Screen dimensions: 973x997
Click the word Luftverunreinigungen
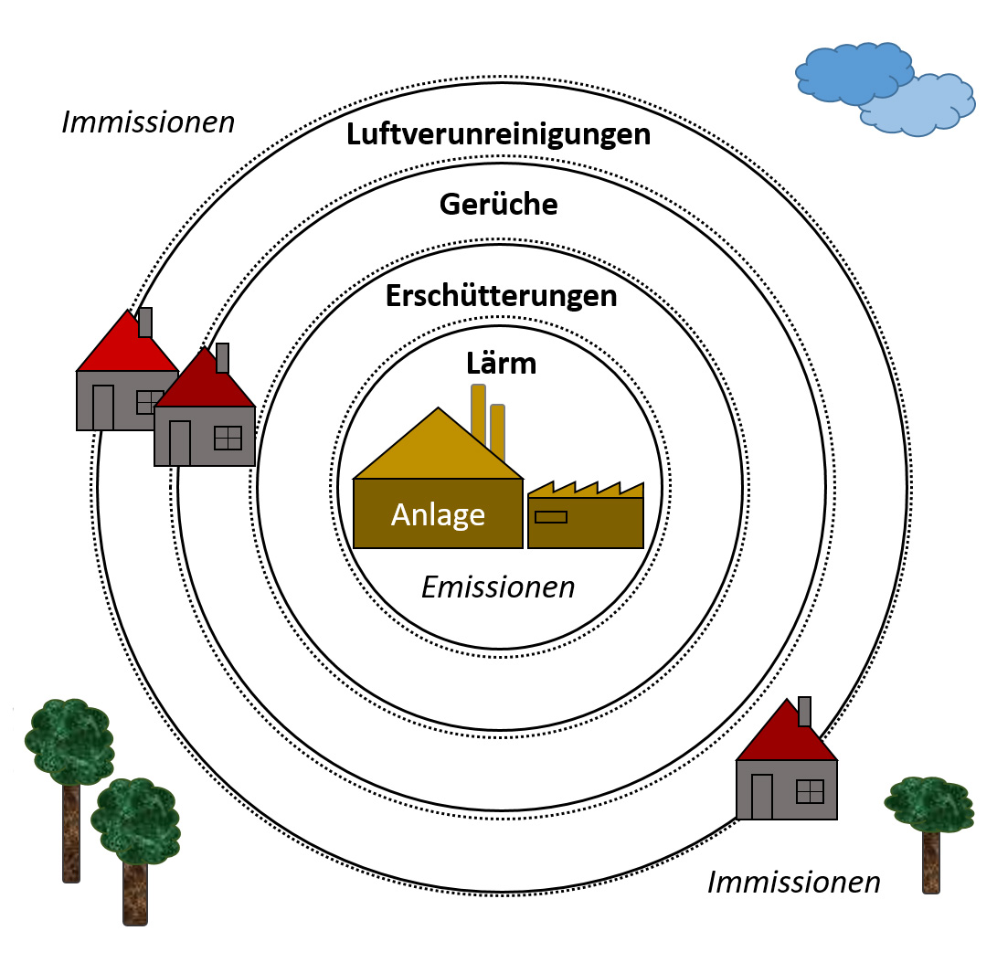498,135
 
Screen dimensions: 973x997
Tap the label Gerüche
498,205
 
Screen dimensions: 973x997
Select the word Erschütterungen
501,297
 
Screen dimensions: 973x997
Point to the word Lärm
501,365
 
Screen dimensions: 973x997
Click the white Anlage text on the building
438,515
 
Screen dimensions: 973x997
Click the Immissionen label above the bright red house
148,122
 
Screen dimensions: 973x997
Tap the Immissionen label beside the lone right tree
794,883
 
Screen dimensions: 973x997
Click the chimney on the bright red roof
145,322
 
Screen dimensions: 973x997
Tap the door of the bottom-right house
761,796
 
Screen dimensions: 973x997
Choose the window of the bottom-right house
810,791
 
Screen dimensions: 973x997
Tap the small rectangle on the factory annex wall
550,517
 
